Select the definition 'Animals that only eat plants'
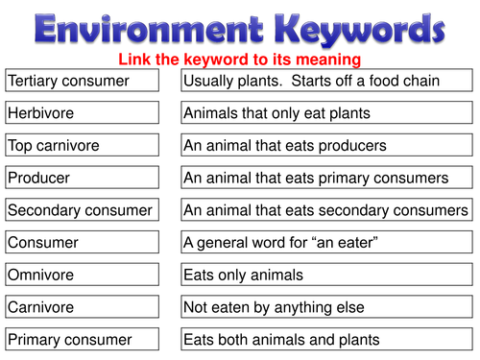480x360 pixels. [x=326, y=113]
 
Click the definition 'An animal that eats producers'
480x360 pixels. [x=326, y=146]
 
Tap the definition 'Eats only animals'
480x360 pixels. [x=326, y=275]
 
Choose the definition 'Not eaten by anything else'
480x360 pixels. [x=326, y=307]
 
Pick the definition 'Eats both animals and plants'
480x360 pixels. [x=326, y=339]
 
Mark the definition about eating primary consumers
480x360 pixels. [x=326, y=178]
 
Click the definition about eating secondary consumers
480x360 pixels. [x=326, y=210]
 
